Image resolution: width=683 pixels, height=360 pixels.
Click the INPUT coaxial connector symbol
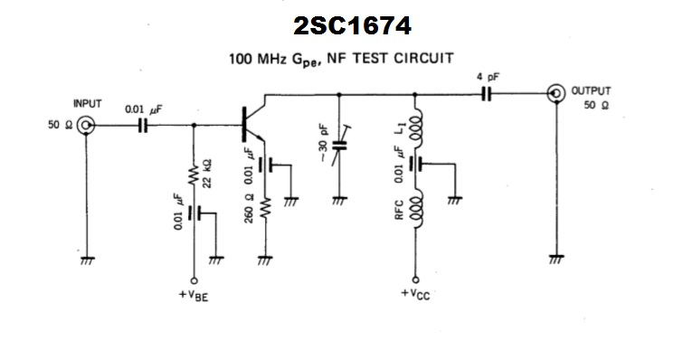coord(88,126)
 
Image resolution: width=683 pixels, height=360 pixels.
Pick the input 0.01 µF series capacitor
coord(141,126)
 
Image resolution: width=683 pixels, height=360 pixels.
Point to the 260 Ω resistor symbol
coord(266,211)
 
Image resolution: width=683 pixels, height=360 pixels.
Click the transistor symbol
coord(248,126)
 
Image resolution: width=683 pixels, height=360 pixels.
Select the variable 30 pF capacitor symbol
coord(339,145)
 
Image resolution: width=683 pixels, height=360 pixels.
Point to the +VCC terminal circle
coord(416,280)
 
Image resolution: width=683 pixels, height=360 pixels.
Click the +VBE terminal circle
coord(193,280)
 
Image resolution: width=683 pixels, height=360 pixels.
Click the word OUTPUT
coord(591,90)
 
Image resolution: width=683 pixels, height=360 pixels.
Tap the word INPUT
coord(88,103)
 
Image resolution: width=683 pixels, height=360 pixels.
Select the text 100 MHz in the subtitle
coord(257,58)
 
